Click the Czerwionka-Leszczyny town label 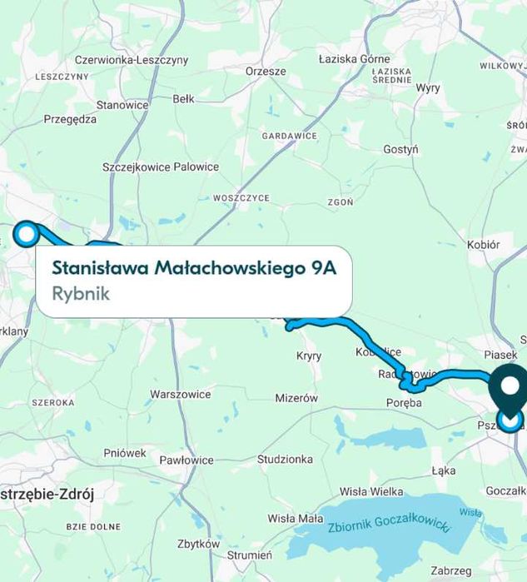pos(132,60)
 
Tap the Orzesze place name pos(266,72)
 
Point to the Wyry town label pos(428,87)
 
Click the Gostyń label pos(400,149)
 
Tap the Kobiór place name pos(483,245)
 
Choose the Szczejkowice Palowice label pos(161,167)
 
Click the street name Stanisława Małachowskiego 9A pos(194,269)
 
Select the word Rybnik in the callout pos(81,294)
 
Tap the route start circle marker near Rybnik pos(27,234)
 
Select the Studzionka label pos(285,459)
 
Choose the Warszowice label pos(180,394)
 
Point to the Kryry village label pos(309,356)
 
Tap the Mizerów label pos(296,398)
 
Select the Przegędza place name pos(70,119)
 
